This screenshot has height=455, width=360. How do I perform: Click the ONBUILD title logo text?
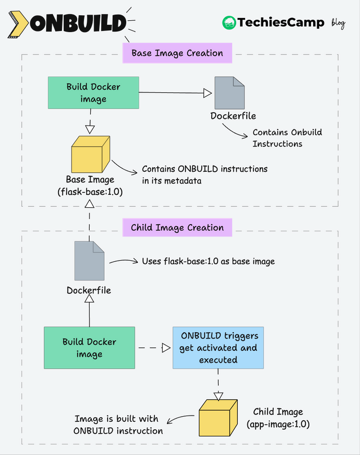click(x=79, y=23)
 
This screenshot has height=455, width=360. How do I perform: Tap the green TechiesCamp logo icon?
click(x=229, y=23)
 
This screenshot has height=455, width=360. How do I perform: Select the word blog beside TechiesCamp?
click(x=338, y=23)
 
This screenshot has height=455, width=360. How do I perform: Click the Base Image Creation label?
click(x=177, y=53)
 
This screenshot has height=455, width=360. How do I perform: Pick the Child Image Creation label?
click(x=177, y=228)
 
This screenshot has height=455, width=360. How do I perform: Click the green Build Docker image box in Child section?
click(x=90, y=347)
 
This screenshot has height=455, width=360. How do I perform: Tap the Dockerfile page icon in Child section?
click(x=90, y=261)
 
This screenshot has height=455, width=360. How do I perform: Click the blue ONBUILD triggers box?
click(x=219, y=347)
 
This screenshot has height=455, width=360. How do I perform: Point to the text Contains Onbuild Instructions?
click(x=287, y=138)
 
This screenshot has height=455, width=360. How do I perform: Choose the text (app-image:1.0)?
click(x=278, y=423)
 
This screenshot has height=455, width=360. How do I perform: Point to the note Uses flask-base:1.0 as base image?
click(x=208, y=262)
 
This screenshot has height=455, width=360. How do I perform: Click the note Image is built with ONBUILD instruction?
click(x=118, y=425)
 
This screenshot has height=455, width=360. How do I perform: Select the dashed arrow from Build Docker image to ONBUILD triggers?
click(x=153, y=348)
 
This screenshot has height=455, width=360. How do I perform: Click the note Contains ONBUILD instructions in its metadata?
click(x=205, y=174)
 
